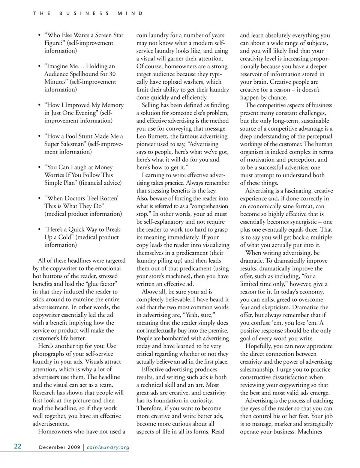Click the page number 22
click(18, 446)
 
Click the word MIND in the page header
click(130, 13)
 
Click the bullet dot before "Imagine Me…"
click(39, 66)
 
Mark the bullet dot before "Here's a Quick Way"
click(39, 229)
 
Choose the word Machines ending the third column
click(310, 432)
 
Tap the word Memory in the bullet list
click(112, 105)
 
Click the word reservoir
click(252, 74)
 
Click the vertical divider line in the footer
click(83, 447)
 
